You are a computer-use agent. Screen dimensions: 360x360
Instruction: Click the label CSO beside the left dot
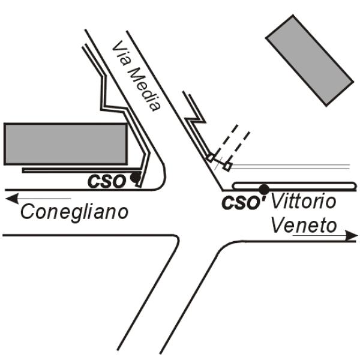click(107, 181)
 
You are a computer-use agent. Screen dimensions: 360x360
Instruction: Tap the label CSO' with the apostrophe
click(244, 203)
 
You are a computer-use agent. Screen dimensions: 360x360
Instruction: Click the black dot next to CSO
click(135, 177)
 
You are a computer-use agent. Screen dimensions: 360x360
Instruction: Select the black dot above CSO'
click(264, 189)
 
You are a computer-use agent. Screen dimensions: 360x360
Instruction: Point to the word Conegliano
click(74, 212)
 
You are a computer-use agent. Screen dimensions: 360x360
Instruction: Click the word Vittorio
click(304, 201)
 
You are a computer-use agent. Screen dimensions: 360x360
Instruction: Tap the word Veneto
click(304, 225)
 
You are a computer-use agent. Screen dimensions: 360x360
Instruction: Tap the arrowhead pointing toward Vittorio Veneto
click(352, 236)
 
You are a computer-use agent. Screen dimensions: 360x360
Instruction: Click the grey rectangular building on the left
click(65, 144)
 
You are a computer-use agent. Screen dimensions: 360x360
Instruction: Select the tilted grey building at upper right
click(310, 61)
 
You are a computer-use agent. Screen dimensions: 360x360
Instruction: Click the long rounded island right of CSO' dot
click(295, 186)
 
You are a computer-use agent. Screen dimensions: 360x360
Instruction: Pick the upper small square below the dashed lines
click(210, 157)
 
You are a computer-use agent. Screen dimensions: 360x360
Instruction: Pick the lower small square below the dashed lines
click(227, 166)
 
